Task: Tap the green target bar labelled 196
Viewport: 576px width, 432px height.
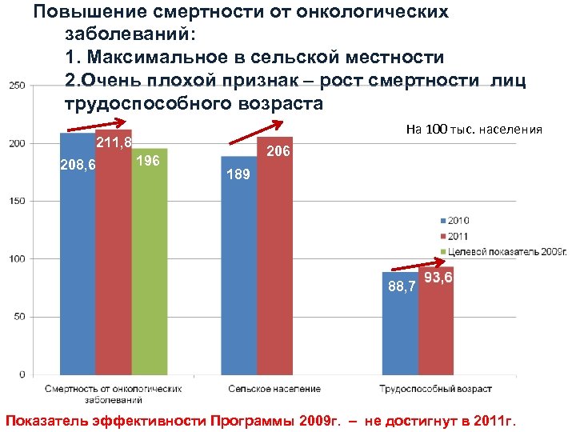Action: (x=150, y=264)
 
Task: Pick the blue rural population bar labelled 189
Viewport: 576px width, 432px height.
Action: (x=239, y=272)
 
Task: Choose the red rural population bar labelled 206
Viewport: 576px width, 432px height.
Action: (x=275, y=264)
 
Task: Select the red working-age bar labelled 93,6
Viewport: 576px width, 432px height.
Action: (x=436, y=324)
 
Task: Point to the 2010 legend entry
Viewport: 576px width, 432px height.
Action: (x=454, y=219)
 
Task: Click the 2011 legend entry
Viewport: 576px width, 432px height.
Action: (x=454, y=235)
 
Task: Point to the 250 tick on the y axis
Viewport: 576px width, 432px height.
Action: (x=17, y=86)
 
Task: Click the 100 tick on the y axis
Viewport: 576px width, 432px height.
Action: (x=17, y=259)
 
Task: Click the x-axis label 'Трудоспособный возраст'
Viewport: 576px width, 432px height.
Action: (x=435, y=389)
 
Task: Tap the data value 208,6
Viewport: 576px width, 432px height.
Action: (x=78, y=166)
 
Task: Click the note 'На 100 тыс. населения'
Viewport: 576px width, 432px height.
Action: (x=474, y=130)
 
